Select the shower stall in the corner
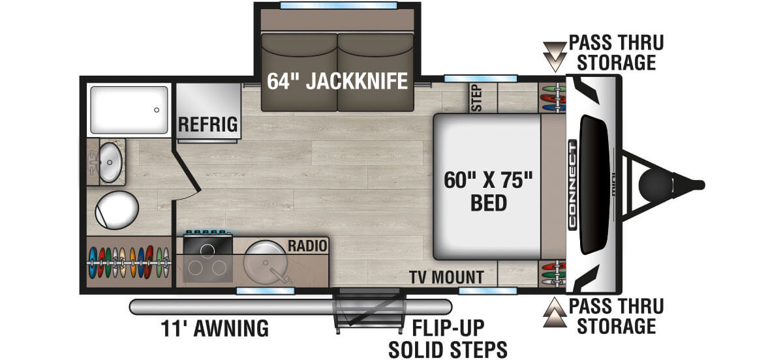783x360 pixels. (128, 109)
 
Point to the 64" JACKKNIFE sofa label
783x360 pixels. (337, 82)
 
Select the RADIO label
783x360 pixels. (307, 246)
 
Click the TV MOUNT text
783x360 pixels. (446, 277)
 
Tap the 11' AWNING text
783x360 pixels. (215, 328)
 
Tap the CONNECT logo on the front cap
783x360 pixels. (572, 185)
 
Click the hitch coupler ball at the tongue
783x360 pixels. (653, 184)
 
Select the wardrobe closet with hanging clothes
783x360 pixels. (129, 261)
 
